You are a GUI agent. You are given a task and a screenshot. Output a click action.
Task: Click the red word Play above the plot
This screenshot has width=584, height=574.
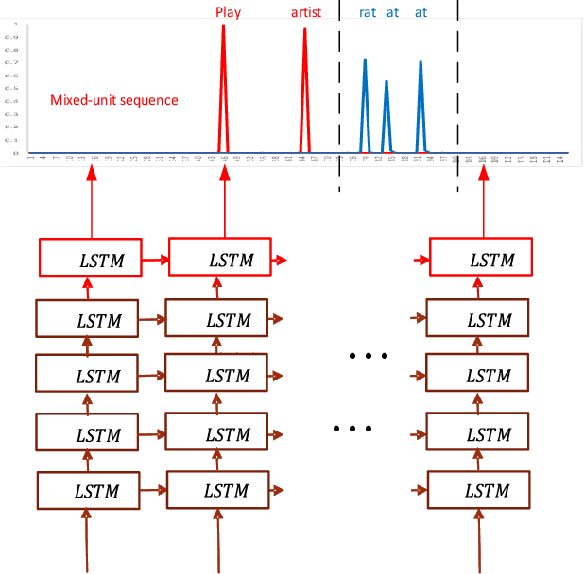(x=228, y=12)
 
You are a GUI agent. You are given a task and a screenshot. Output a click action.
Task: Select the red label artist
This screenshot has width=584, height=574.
(x=305, y=12)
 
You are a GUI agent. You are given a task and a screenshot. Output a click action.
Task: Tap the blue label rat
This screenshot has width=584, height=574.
(x=368, y=12)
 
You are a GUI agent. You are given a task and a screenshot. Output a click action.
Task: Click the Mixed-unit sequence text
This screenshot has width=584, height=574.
(x=114, y=100)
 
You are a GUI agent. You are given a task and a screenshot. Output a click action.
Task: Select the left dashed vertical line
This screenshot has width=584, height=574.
(x=339, y=94)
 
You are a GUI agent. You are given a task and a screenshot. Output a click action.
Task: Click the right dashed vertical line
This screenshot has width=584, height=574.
(x=458, y=94)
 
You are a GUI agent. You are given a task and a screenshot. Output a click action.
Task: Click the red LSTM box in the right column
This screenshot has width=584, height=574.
(x=480, y=259)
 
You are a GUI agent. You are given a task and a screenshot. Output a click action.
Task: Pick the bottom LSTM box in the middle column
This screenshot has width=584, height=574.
(x=219, y=491)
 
